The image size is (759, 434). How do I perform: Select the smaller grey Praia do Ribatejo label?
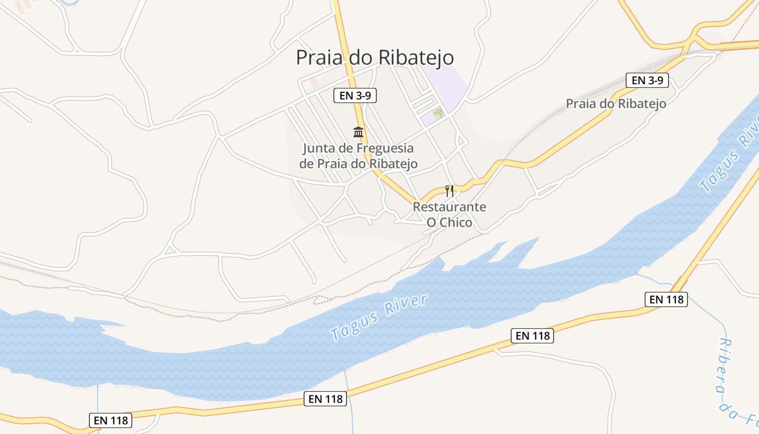[x=616, y=104]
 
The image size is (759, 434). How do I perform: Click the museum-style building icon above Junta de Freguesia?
[x=358, y=132]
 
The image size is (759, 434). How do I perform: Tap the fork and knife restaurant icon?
[x=449, y=190]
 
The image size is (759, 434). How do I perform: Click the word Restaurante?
[x=449, y=207]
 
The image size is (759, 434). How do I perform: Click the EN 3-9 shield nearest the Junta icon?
[x=355, y=95]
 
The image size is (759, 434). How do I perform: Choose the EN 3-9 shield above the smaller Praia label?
[x=647, y=80]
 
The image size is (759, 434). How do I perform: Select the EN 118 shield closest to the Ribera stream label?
[x=666, y=299]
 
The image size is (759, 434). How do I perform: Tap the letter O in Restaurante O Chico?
[x=432, y=222]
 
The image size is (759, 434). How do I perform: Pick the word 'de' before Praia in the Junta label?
[x=307, y=163]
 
